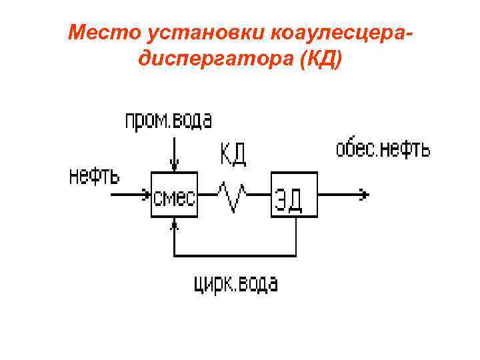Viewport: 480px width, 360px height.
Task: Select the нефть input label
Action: point(95,177)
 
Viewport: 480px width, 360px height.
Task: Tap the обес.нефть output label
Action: point(382,149)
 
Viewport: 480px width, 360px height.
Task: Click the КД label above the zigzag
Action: point(233,154)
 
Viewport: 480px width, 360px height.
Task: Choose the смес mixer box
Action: point(175,195)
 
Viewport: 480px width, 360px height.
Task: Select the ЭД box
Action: point(293,195)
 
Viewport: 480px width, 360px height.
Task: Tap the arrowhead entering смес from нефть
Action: point(146,195)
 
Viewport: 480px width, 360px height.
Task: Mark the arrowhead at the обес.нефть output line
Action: point(363,195)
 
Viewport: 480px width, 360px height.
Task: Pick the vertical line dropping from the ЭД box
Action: point(295,237)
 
